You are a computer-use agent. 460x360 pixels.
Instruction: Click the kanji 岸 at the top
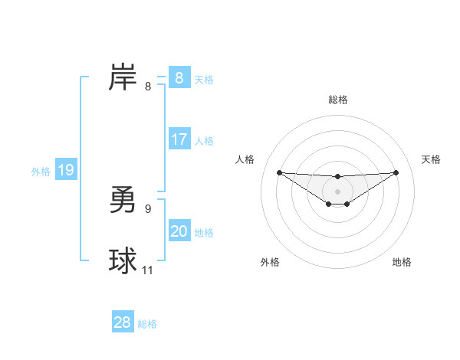point(123,78)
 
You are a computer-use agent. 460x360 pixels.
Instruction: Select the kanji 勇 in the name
point(123,201)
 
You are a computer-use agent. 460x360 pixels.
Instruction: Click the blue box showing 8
point(179,78)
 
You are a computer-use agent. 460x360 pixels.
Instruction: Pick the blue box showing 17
point(179,139)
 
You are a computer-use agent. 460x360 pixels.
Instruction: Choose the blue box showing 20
point(179,231)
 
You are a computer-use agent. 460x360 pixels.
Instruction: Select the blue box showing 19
point(65,170)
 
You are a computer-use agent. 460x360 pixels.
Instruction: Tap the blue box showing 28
point(123,322)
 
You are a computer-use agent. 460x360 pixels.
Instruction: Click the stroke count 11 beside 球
point(148,270)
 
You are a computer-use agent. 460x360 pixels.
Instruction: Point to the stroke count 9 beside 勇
point(148,208)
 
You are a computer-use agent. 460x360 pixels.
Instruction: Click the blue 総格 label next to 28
point(147,324)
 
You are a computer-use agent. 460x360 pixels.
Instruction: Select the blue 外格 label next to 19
point(41,172)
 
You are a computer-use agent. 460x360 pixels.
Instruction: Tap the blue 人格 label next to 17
point(204,141)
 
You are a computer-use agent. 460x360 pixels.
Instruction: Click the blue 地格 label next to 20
point(204,233)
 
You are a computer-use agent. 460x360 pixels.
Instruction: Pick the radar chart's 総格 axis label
point(337,100)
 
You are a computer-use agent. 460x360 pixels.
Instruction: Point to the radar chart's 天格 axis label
point(432,159)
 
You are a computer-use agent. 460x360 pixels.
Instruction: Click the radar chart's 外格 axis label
point(270,262)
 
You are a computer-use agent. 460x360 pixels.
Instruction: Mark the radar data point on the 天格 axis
point(396,172)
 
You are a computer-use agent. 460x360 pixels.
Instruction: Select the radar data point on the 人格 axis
point(279,172)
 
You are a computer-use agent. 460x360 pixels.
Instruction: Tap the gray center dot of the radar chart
point(337,191)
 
